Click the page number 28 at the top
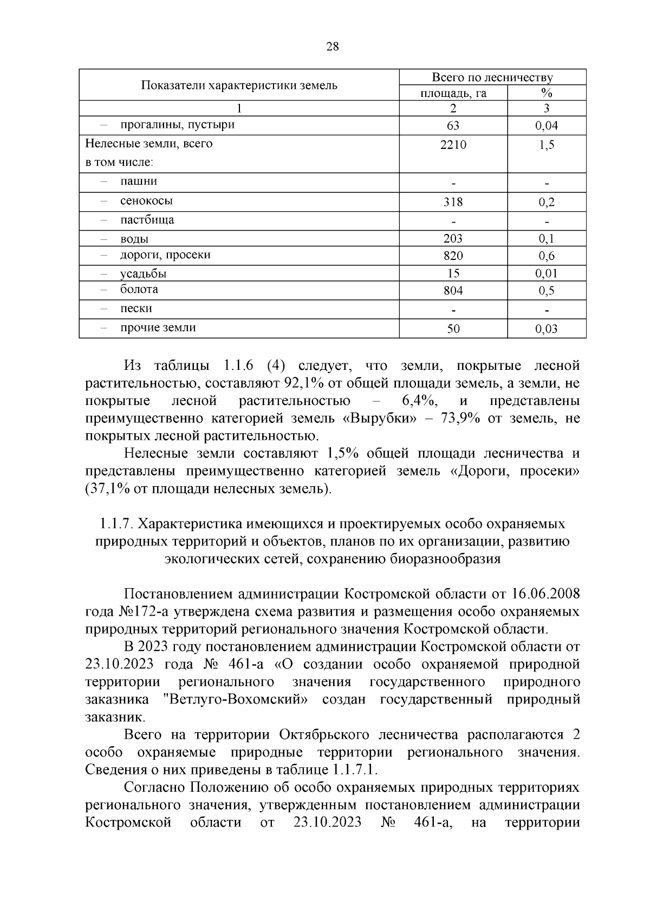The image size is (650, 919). pos(332,47)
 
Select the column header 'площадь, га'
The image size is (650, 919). pos(453,93)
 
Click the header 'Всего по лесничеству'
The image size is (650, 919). pos(492,77)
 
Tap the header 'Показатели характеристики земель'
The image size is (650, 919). pos(239,85)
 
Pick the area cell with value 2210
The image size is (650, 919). pos(453,145)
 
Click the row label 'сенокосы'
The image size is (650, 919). pos(146,201)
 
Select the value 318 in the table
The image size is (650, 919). pos(453,202)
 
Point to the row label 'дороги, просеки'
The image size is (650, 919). pos(165,255)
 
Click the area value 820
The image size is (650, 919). pos(453,256)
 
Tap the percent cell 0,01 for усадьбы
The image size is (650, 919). pos(546,273)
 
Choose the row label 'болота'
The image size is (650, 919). pos(139,289)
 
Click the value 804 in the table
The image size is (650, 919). pos(453,291)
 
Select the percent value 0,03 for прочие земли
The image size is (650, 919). pos(546,329)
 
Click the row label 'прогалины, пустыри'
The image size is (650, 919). pos(177,125)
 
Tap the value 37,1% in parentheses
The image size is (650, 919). pos(106,489)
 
